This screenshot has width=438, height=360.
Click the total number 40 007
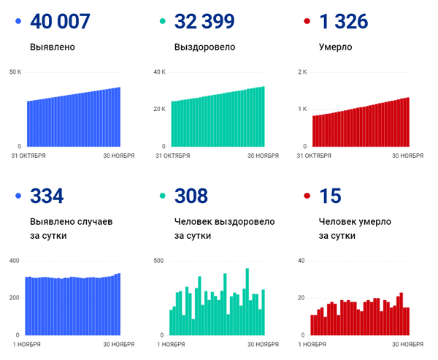(x=61, y=21)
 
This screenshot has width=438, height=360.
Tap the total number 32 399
(x=204, y=21)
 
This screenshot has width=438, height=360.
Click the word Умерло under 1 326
(x=336, y=47)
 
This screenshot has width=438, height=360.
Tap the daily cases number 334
(x=47, y=196)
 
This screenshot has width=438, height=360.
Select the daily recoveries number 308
(x=191, y=196)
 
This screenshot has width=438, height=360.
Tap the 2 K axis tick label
(x=303, y=72)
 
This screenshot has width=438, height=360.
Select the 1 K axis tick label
(x=303, y=109)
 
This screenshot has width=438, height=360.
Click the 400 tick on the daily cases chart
(x=15, y=261)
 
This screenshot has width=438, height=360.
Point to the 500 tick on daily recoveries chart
(x=158, y=261)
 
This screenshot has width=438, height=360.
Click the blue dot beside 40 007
(x=18, y=22)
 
